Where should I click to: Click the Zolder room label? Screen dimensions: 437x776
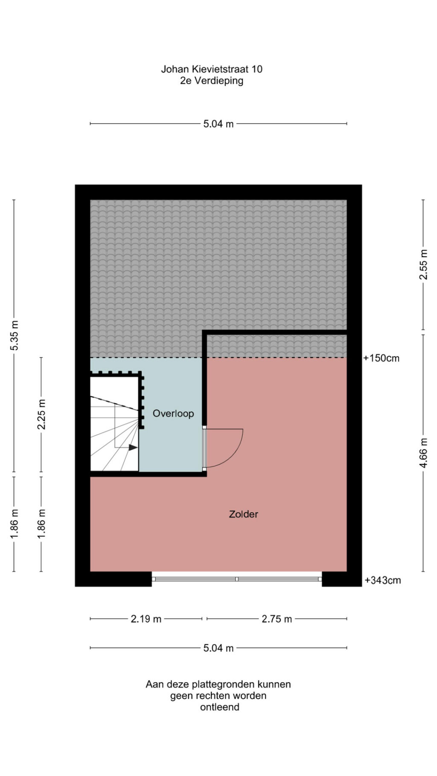tap(243, 514)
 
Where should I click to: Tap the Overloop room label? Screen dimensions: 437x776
tap(173, 414)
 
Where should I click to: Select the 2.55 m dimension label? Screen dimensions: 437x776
tap(423, 264)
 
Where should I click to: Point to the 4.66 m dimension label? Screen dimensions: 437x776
tap(423, 453)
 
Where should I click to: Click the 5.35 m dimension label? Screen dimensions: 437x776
tap(14, 336)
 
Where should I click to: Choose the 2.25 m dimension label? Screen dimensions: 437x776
tap(41, 415)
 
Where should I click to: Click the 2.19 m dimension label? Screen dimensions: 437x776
tap(146, 619)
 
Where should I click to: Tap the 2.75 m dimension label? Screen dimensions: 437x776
tap(277, 619)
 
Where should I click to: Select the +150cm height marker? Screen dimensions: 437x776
tap(381, 358)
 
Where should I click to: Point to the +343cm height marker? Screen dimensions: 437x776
tap(383, 580)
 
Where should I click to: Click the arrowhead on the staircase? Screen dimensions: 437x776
tap(133, 447)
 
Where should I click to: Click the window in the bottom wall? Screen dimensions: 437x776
tap(237, 579)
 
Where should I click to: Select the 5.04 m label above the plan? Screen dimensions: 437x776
tap(218, 124)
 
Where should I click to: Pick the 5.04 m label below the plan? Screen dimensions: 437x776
tap(218, 648)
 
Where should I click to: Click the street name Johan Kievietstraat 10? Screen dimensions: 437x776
tap(212, 69)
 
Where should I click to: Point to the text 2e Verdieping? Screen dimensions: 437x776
tap(212, 81)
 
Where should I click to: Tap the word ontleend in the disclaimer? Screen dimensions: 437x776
tap(220, 707)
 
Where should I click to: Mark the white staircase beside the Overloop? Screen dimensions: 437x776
tap(114, 424)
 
